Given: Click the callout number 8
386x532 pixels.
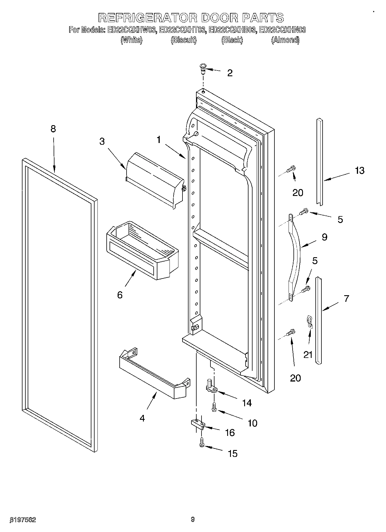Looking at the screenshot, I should [x=53, y=129].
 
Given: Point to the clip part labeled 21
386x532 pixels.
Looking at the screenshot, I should [x=310, y=321].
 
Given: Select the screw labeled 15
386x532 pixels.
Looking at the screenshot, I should [x=202, y=443].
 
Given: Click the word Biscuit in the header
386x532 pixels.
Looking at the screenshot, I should [x=184, y=40].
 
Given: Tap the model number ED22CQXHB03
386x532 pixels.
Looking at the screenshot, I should [x=232, y=30].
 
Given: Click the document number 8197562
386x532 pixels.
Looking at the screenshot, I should [x=23, y=520].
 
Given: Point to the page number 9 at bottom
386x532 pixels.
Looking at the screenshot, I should [x=193, y=519].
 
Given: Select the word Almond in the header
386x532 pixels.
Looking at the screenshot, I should [x=285, y=40].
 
